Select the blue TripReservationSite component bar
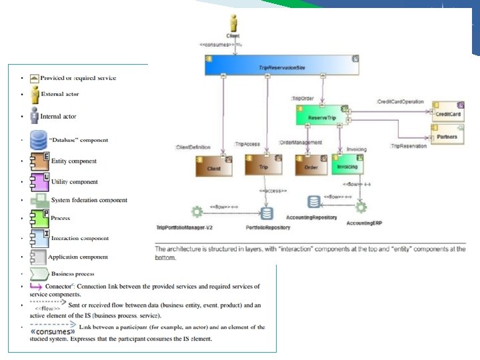tap(282, 65)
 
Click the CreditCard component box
tap(447, 112)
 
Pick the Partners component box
tap(447, 135)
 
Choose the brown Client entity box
tap(213, 165)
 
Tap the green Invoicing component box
tap(347, 165)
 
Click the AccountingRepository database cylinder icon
tap(313, 201)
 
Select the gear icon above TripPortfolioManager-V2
tap(197, 212)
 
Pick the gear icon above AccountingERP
tap(361, 208)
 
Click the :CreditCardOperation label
tap(400, 101)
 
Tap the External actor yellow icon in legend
tap(34, 94)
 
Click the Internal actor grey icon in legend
tap(34, 115)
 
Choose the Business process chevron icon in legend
tap(39, 272)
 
